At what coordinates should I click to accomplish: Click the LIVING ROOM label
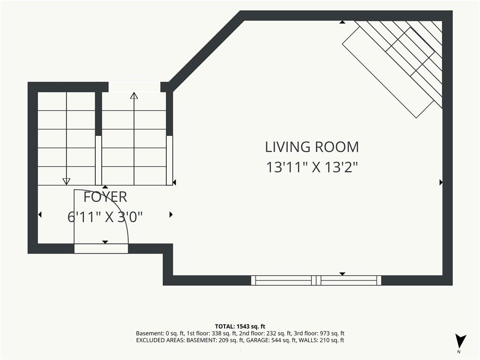pos(312,147)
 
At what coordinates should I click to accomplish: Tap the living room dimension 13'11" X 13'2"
pos(312,167)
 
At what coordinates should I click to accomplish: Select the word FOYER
pos(105,197)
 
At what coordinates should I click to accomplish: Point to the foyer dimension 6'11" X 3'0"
pos(105,217)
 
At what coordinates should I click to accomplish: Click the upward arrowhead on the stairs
pos(134,96)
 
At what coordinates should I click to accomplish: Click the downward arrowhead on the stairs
pos(66,181)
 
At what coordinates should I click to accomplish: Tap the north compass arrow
pos(460,341)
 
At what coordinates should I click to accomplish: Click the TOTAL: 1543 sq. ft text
pos(240,326)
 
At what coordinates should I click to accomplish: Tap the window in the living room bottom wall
pos(316,280)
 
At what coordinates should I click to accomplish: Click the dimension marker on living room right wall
pos(441,182)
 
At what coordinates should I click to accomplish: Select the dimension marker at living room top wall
pos(342,22)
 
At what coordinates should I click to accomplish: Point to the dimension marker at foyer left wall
pos(40,215)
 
